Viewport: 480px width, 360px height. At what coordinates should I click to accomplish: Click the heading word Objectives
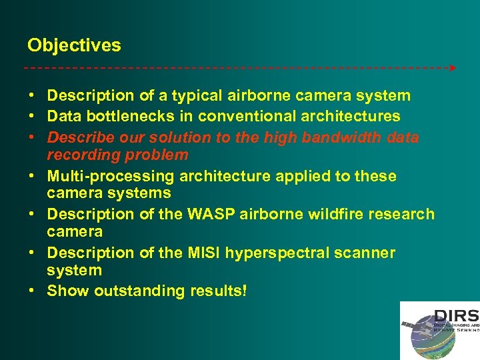[x=74, y=45]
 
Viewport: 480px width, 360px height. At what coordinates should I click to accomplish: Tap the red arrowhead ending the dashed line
[x=453, y=68]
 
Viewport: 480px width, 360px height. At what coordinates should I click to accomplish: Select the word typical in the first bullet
[x=200, y=96]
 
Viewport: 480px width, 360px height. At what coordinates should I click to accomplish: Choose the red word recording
[x=81, y=155]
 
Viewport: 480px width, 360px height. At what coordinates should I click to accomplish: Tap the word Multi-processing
[x=109, y=176]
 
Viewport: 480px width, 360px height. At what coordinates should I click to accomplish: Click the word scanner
[x=371, y=253]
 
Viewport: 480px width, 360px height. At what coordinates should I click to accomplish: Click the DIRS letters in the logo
[x=456, y=315]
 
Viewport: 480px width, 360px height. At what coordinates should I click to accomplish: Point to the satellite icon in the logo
[x=408, y=325]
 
